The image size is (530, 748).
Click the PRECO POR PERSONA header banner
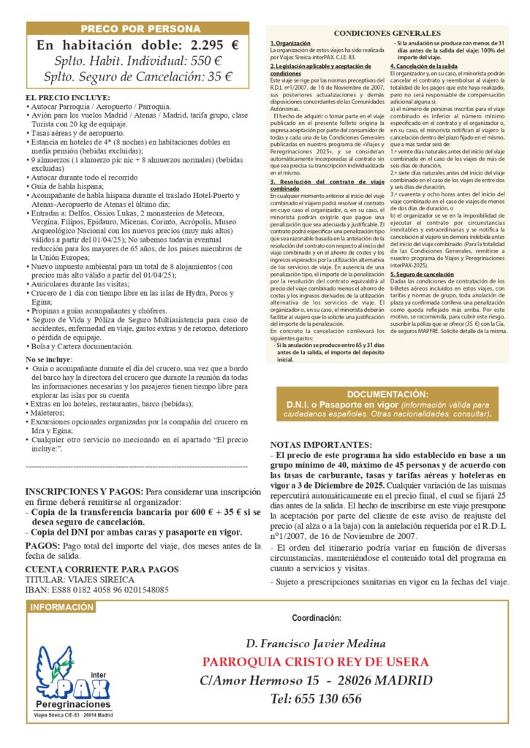tap(140, 28)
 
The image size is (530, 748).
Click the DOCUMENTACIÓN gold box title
tap(387, 394)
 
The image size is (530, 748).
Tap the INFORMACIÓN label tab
tap(62, 607)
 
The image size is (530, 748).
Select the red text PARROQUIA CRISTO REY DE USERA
tap(316, 662)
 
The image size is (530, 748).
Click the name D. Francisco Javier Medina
tap(315, 644)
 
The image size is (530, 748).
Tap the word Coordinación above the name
tap(317, 617)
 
